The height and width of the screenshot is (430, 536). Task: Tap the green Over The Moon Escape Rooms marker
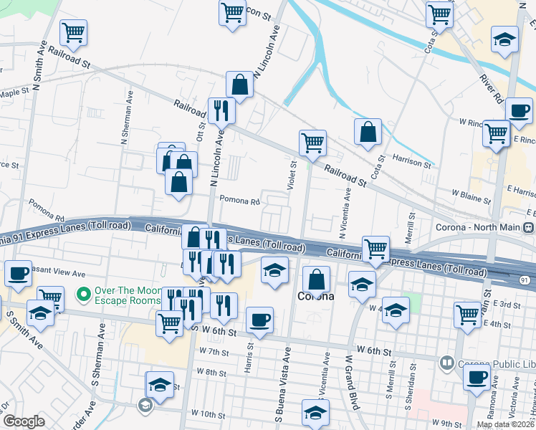point(84,294)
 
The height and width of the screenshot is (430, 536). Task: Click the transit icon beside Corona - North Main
point(528,228)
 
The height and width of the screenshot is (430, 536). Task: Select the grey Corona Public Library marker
point(448,363)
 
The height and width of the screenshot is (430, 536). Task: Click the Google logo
point(24,421)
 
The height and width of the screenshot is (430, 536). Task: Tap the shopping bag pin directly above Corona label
point(316,279)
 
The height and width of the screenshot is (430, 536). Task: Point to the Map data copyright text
point(504,424)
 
